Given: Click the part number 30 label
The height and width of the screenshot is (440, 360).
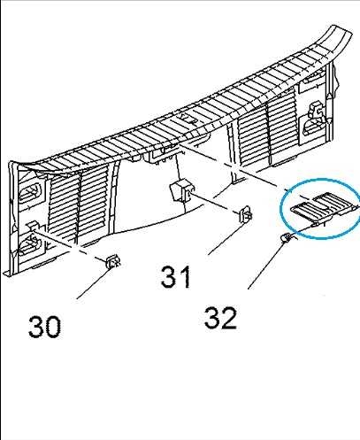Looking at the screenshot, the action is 44,327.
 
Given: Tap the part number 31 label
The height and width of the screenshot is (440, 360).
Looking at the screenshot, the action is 176,277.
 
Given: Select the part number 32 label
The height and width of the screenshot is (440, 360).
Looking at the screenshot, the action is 220,318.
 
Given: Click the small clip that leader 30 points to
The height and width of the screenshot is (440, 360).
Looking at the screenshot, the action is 113,261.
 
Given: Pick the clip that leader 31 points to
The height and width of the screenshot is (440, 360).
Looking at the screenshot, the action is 245,214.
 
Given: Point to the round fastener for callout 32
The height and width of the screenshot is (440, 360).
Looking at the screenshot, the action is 286,237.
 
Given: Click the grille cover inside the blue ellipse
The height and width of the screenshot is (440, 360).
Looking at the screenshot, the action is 324,207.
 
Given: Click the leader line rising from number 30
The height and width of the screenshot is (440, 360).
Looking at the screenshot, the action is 94,283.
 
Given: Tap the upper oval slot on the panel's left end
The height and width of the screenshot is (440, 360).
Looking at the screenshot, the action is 29,193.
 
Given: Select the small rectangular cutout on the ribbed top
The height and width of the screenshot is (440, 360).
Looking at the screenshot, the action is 188,119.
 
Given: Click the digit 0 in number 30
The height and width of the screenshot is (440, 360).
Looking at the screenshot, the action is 53,327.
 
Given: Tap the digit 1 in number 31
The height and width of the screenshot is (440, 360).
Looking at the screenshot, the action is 184,277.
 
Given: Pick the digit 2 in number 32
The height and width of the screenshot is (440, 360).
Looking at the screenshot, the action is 228,318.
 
